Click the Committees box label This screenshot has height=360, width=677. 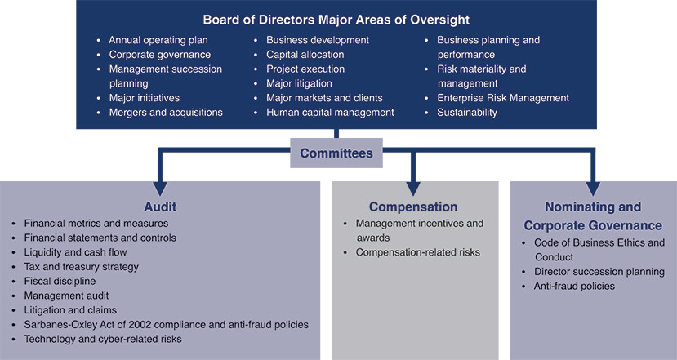(336, 153)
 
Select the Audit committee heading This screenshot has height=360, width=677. (160, 207)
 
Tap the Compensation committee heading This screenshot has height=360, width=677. (413, 207)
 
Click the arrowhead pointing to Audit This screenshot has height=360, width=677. (160, 189)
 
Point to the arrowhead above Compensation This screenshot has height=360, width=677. (413, 189)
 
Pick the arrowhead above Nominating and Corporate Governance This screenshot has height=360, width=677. (593, 189)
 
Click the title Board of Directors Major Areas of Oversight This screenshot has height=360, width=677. (336, 20)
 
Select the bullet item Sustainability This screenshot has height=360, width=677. (467, 112)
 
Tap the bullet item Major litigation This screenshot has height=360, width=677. (299, 83)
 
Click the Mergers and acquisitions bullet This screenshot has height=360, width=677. (166, 112)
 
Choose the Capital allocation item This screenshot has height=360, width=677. (305, 55)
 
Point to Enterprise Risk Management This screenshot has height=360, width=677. (503, 98)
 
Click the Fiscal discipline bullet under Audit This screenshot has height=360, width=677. (60, 281)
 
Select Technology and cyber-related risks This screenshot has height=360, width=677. (103, 339)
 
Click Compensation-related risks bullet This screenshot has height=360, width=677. (418, 252)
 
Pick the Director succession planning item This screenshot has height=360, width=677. (599, 272)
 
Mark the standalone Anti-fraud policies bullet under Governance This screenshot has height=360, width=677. (574, 286)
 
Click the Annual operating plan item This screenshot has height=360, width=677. (158, 40)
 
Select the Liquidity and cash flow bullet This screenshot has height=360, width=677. (76, 252)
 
